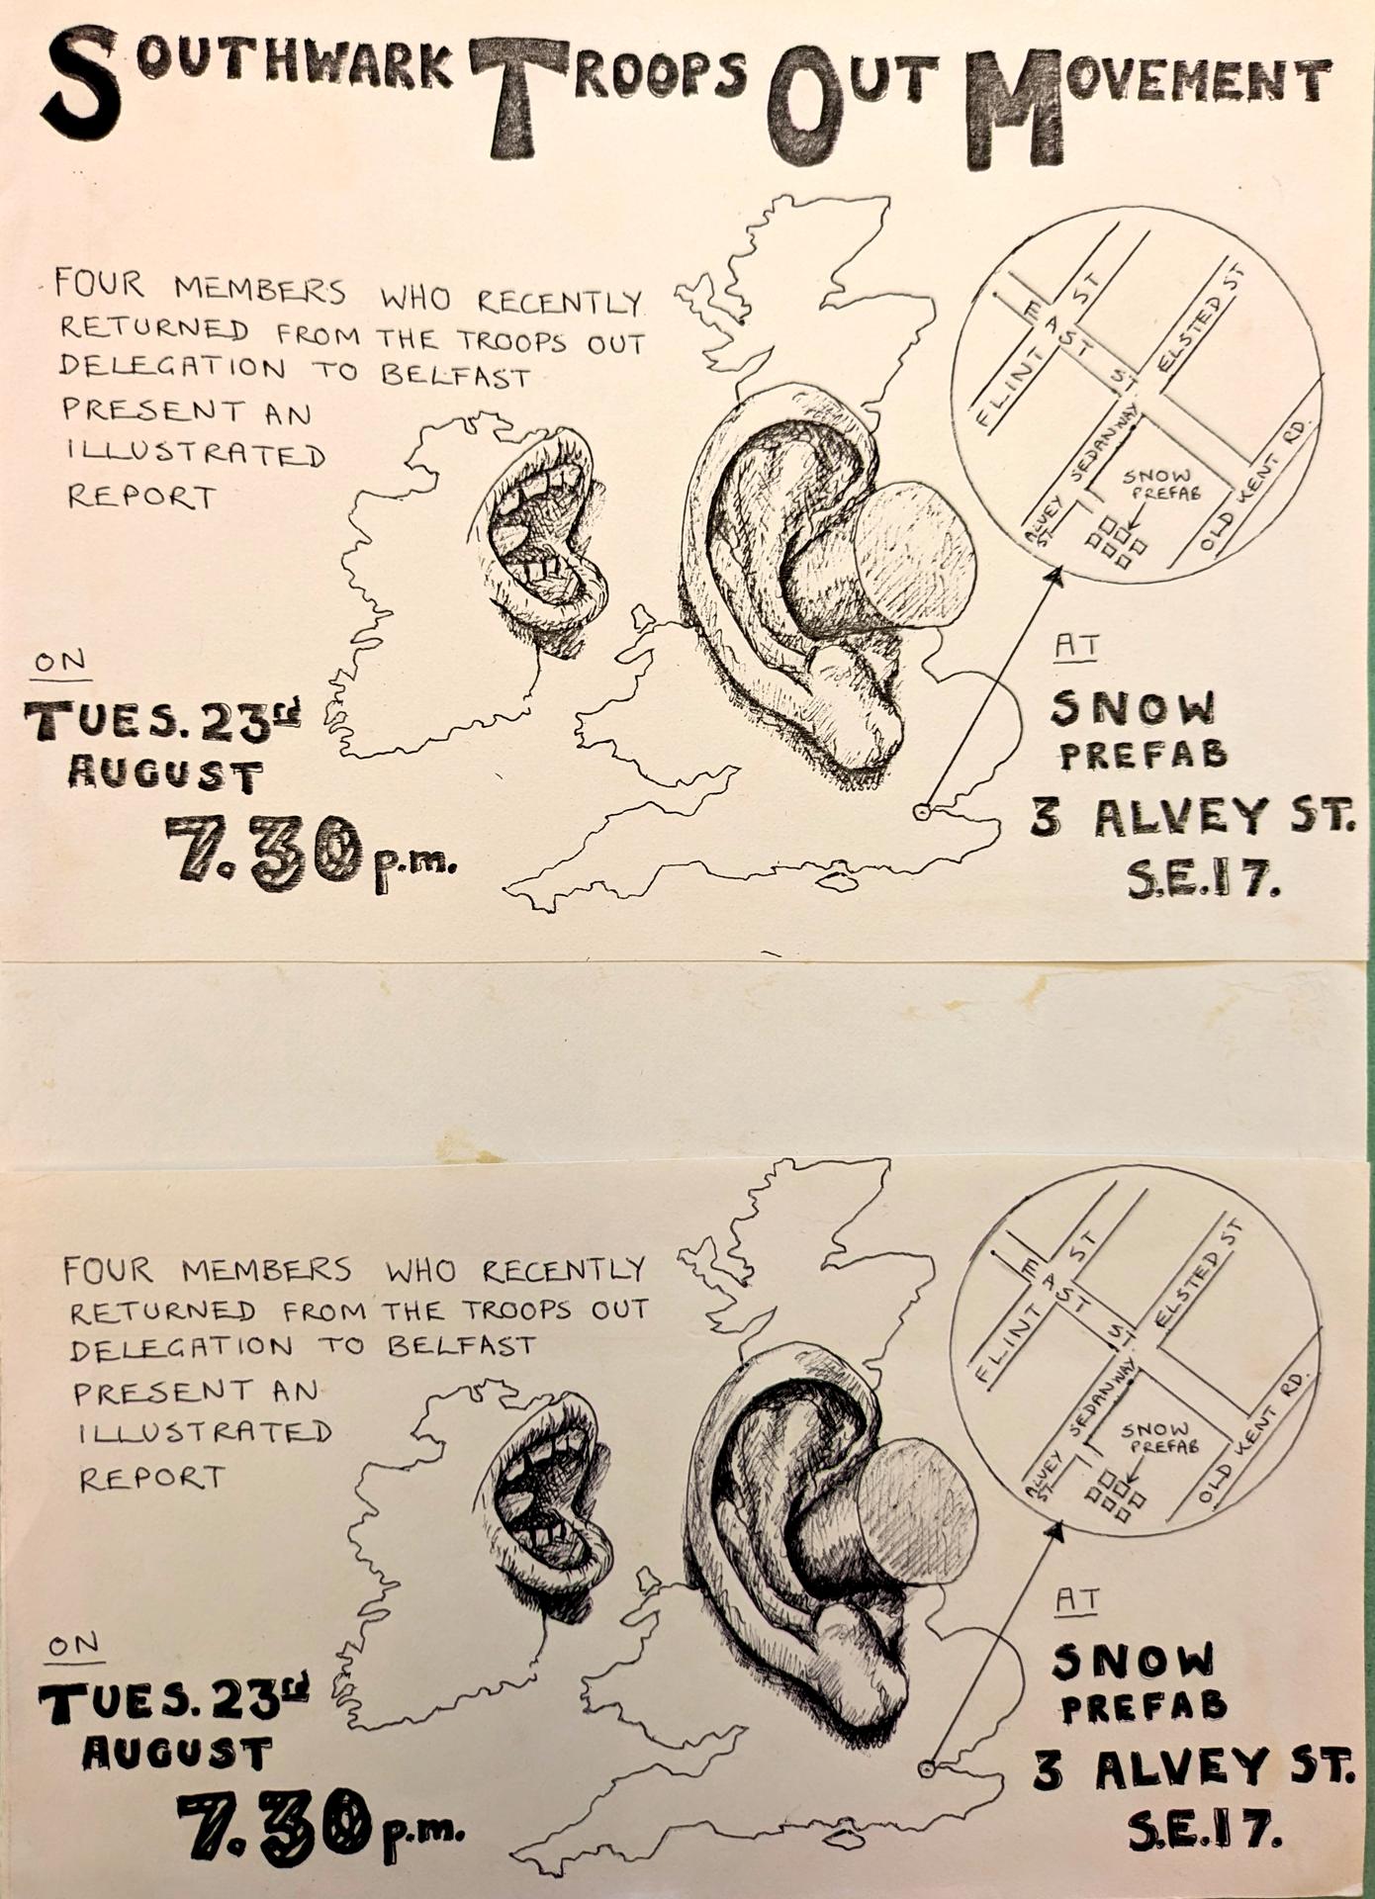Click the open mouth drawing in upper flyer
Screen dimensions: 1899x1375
click(544, 539)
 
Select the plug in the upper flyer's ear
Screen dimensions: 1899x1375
click(915, 554)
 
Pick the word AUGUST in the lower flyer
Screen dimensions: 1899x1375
click(176, 1753)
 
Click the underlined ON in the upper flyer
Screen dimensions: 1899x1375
click(60, 662)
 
